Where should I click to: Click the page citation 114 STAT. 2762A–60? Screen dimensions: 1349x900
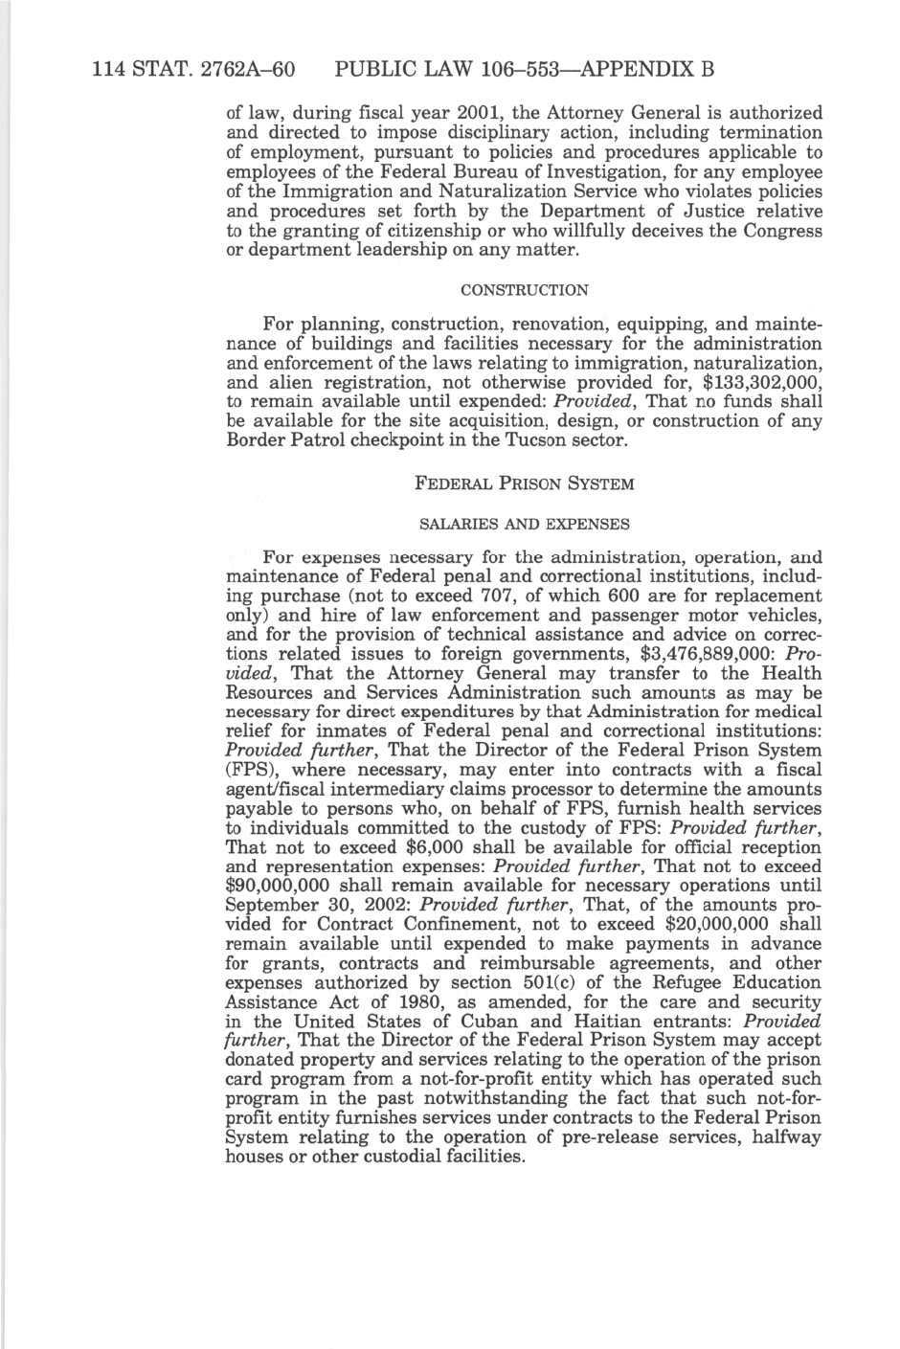(192, 70)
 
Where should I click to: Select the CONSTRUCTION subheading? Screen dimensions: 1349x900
(524, 290)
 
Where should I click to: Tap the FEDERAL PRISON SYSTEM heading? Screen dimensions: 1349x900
(524, 484)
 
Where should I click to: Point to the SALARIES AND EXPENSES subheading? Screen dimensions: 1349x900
(525, 525)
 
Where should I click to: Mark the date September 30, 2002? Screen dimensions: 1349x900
(317, 905)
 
